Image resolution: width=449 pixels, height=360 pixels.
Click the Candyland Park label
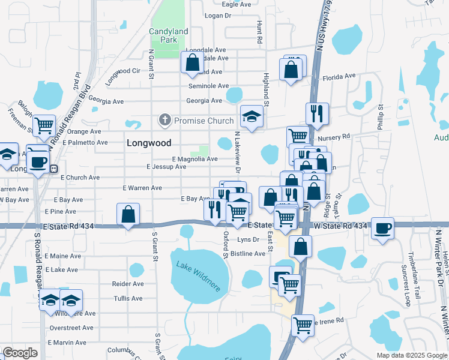pos(168,35)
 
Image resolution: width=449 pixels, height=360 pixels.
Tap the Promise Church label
pos(203,121)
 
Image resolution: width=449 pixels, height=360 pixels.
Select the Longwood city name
pos(149,143)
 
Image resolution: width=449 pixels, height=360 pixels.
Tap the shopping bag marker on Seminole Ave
pos(192,62)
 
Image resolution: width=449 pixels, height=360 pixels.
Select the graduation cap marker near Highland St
pos(252,115)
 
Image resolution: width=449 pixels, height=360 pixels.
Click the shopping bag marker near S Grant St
pos(128,214)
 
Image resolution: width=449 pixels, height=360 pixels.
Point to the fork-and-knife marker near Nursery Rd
pos(315,113)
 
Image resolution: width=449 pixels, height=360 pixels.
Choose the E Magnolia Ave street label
pos(194,159)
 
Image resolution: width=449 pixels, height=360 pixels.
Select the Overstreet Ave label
pos(72,328)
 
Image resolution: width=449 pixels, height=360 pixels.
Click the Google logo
pos(20,353)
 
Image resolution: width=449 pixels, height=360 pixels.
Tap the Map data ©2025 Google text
pos(411,355)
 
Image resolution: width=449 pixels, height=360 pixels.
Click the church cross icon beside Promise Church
pos(165,121)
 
